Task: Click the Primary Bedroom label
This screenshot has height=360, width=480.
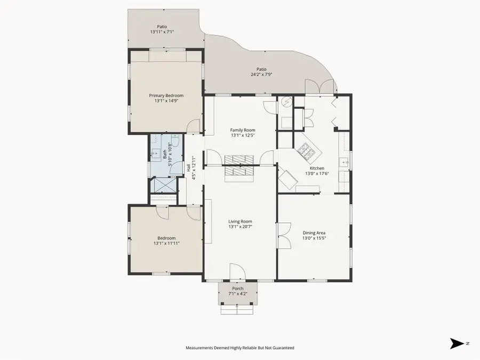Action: coord(166,95)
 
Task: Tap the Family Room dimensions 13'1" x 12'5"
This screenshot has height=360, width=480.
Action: coord(243,135)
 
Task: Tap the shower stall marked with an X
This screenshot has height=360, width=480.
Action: coord(165,185)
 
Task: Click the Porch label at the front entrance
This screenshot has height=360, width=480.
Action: coord(237,289)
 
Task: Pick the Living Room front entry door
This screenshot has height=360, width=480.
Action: coord(237,271)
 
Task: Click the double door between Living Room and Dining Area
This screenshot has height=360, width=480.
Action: coord(283,235)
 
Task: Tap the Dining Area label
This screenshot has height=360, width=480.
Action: coord(314,233)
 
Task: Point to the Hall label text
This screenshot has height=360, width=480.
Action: coord(189,167)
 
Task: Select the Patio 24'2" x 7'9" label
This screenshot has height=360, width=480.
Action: coord(261,69)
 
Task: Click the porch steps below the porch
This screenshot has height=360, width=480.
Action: coord(237,309)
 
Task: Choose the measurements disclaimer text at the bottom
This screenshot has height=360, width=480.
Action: coord(239,348)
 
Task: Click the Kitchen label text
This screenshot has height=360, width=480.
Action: coord(317,168)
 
